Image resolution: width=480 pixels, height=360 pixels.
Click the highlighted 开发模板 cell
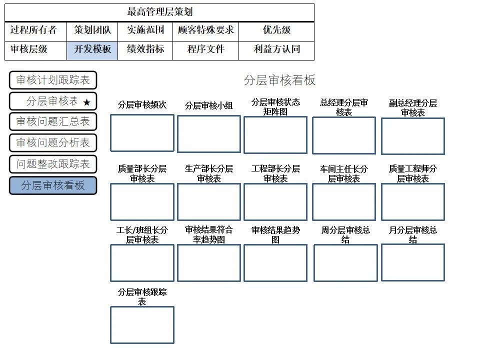coord(92,49)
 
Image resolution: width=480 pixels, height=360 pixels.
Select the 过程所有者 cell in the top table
coord(33,30)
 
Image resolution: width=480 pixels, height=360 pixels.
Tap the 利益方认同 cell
coord(276,49)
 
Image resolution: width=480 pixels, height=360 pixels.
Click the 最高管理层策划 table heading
coord(159,12)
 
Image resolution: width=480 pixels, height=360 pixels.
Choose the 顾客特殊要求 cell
coord(205,30)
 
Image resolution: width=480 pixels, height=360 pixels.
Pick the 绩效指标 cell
coord(145,49)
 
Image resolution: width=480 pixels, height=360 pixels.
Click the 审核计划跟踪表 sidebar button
coord(52,80)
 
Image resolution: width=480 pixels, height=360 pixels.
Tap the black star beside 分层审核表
coord(86,102)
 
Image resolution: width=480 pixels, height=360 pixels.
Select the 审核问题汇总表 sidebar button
coord(52,121)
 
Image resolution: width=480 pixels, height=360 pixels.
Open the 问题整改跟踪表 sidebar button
coord(52,164)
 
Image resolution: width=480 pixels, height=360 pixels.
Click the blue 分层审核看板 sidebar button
coord(52,185)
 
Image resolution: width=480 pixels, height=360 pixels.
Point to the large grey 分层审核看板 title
coord(279,80)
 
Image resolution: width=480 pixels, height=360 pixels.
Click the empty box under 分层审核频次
coord(142,133)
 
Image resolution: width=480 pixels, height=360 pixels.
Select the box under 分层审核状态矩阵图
coord(275,135)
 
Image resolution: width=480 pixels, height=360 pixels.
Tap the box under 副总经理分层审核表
coord(412,136)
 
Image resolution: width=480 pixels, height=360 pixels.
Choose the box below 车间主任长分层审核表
coord(343,202)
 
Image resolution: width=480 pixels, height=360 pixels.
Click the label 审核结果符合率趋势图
coord(208,234)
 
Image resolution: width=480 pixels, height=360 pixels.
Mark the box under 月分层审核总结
coord(412,262)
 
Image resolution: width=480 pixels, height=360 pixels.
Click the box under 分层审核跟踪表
coord(142,325)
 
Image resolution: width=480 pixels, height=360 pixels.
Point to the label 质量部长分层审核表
coord(142,173)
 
